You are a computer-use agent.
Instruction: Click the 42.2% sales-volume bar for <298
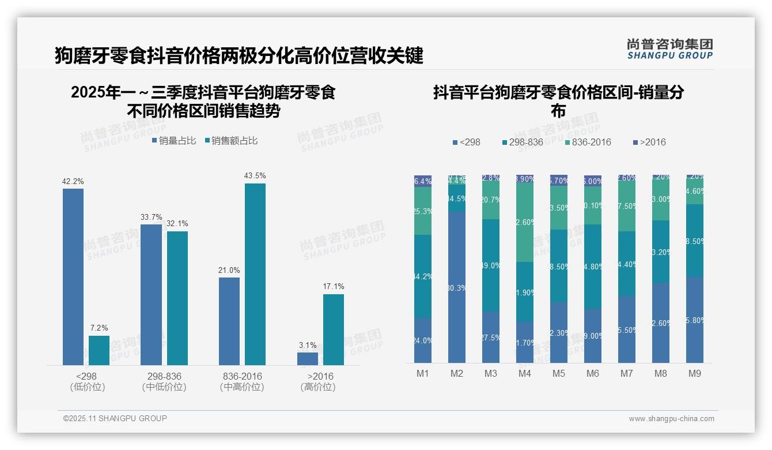click(73, 277)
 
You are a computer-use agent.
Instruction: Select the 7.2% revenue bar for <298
click(99, 350)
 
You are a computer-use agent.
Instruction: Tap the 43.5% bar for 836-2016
click(255, 274)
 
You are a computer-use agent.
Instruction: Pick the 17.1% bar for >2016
click(334, 329)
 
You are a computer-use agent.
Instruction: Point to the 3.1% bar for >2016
click(308, 358)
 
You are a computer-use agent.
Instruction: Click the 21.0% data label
click(229, 271)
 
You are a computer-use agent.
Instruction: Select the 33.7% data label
click(152, 217)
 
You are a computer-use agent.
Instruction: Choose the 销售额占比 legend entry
click(230, 141)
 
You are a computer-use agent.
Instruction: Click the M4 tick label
click(524, 374)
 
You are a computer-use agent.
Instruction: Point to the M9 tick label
click(695, 374)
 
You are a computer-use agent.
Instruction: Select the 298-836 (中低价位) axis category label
click(164, 381)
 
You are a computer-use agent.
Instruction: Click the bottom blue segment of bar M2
click(457, 287)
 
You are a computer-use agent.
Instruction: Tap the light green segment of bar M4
click(525, 222)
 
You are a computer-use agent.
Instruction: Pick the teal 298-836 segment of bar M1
click(423, 276)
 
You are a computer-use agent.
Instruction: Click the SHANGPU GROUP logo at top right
click(669, 49)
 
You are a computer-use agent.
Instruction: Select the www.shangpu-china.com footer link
click(671, 419)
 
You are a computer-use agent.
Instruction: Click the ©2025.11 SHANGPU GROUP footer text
click(115, 418)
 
